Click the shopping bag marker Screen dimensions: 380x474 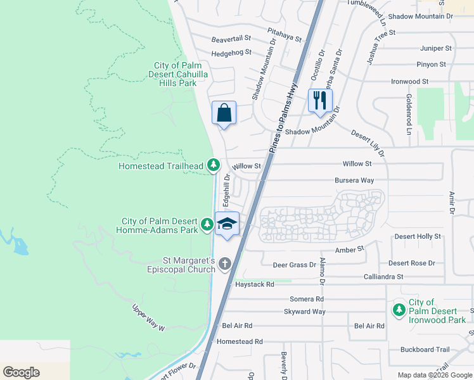click(x=223, y=113)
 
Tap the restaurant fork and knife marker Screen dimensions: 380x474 click(x=320, y=100)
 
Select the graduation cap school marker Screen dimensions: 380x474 click(x=227, y=224)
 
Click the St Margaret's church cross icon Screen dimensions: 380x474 click(x=224, y=263)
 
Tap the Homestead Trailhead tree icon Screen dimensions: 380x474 click(x=214, y=166)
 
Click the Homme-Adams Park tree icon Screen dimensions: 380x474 click(x=207, y=224)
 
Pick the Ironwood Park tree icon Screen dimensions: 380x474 click(x=399, y=310)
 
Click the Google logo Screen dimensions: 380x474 click(x=22, y=372)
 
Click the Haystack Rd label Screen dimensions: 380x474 click(x=254, y=284)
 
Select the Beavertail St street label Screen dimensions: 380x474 click(x=231, y=39)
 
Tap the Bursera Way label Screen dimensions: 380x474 click(x=354, y=180)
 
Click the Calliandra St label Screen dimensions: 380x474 click(x=383, y=277)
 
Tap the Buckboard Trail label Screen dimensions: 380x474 click(x=425, y=350)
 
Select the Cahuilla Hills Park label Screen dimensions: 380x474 click(x=176, y=74)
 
